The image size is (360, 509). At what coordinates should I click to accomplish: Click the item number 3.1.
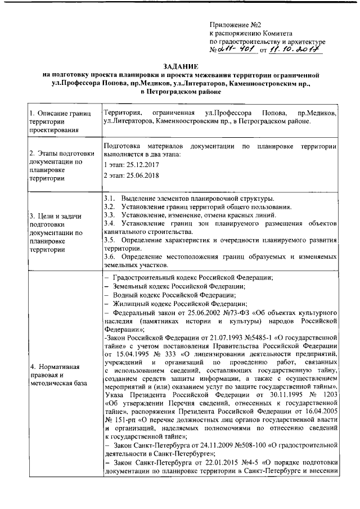pos(110,199)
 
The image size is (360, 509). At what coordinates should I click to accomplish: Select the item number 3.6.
pos(110,257)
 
